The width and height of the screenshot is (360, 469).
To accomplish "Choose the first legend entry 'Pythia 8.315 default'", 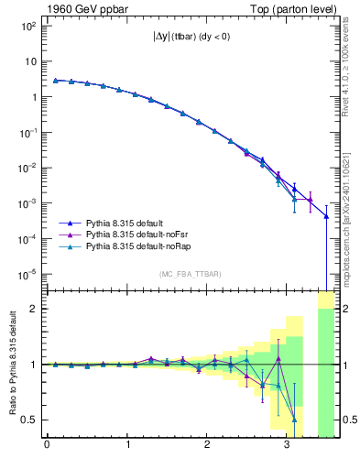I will [x=124, y=223].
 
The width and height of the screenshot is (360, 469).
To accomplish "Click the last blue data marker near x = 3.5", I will [x=327, y=216].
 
